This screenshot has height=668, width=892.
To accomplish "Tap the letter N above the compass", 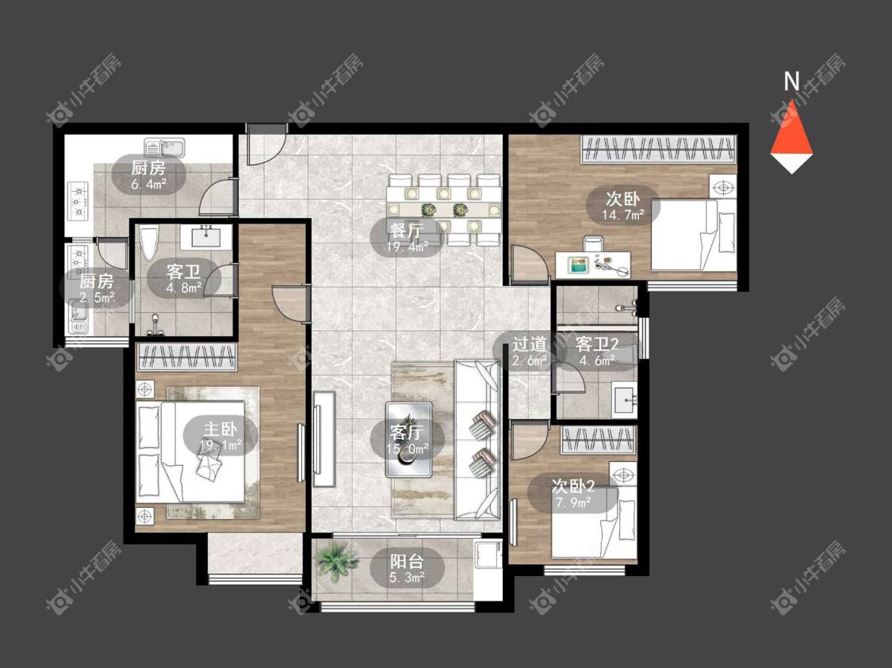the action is pyautogui.click(x=792, y=82).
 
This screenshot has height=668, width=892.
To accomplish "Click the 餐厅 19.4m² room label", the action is pyautogui.click(x=406, y=238).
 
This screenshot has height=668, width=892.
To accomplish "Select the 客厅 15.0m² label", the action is pyautogui.click(x=408, y=440).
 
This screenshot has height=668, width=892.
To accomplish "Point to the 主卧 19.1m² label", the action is pyautogui.click(x=220, y=436).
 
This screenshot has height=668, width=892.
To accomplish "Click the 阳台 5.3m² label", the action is pyautogui.click(x=407, y=568).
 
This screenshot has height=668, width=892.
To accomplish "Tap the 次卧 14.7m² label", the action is pyautogui.click(x=623, y=206).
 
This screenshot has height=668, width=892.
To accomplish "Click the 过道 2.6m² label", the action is pyautogui.click(x=530, y=351).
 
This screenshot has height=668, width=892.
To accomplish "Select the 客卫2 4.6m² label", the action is pyautogui.click(x=597, y=351).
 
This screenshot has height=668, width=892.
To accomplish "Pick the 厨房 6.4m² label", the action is pyautogui.click(x=148, y=175).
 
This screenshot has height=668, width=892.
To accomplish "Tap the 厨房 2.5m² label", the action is pyautogui.click(x=97, y=288).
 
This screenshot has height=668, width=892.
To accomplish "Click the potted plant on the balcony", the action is pyautogui.click(x=337, y=560).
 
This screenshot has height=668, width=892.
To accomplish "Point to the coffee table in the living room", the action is pyautogui.click(x=409, y=440).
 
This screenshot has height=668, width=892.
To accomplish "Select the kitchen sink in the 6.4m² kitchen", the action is pyautogui.click(x=164, y=148).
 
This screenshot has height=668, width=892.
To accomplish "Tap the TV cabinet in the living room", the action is pyautogui.click(x=324, y=438).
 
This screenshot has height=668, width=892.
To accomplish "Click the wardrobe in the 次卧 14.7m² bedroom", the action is pyautogui.click(x=658, y=150).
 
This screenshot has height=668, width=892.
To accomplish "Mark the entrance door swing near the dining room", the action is pyautogui.click(x=266, y=145).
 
